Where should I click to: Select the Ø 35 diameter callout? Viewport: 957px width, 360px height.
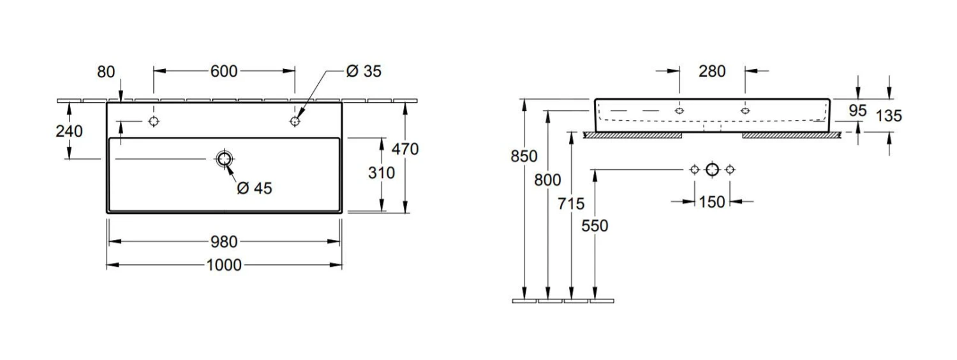pos(363,71)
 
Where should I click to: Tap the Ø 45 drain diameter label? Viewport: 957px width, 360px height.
pos(254,188)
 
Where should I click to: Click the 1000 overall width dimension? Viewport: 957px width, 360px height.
pos(224,264)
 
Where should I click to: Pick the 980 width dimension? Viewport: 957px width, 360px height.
pos(224,241)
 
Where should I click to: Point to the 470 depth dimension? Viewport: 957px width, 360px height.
pos(405,149)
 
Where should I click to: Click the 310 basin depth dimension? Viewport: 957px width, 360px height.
pos(382,172)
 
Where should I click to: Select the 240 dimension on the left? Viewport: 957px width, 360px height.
pos(69,131)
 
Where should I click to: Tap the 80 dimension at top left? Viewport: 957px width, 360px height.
pos(107,71)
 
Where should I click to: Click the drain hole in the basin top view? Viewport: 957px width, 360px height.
pos(224,159)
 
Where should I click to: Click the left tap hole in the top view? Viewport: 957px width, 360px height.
pos(153,121)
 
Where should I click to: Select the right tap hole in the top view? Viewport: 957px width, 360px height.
pos(295,121)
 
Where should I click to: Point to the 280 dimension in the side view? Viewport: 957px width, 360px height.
pos(712,71)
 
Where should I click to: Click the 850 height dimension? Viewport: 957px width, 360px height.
pos(524,156)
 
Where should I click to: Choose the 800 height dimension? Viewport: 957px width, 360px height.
pos(548,181)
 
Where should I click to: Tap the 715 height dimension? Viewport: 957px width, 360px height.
pos(572,204)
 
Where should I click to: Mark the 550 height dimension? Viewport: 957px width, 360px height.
pos(595,225)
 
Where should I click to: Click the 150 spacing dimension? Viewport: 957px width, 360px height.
pos(712,202)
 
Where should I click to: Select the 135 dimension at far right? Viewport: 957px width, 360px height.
pos(889,116)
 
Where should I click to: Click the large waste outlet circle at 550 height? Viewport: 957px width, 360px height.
pos(713,169)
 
